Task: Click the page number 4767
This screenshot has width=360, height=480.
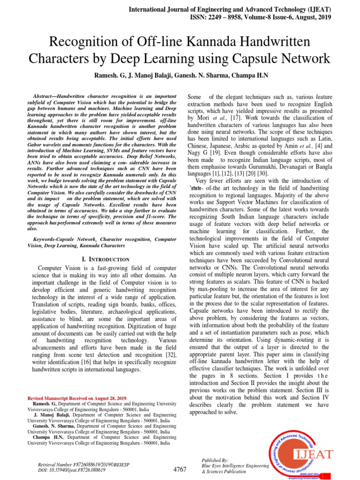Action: (x=180, y=469)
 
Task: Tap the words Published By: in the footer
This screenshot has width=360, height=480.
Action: (x=214, y=460)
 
